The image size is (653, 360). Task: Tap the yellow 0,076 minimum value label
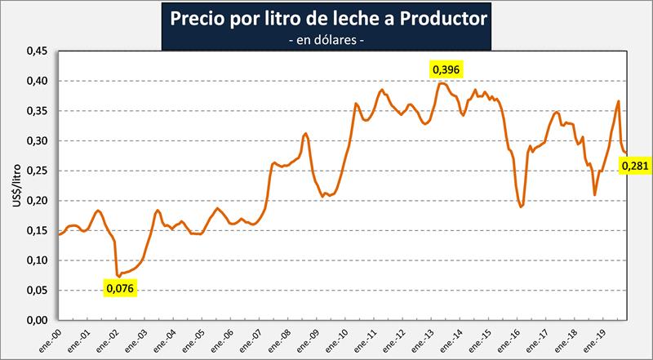click(x=119, y=287)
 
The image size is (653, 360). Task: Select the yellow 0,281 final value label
click(x=634, y=167)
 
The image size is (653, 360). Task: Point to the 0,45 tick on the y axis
click(x=38, y=51)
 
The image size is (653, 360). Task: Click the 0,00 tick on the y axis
click(x=38, y=320)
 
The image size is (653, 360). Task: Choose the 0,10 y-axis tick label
click(x=38, y=260)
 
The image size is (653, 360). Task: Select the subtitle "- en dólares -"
click(x=326, y=39)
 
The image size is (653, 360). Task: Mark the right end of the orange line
click(x=625, y=153)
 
